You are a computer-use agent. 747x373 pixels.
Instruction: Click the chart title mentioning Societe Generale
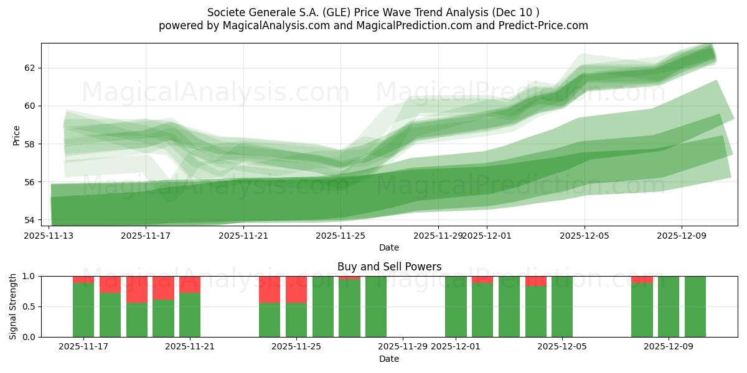coord(374,12)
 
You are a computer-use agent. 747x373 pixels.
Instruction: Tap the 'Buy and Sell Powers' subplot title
coord(389,267)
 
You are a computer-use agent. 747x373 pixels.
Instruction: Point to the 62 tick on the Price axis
coord(30,68)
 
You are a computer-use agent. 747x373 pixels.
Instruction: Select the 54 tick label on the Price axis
coord(30,220)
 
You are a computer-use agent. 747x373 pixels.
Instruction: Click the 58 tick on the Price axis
coord(30,144)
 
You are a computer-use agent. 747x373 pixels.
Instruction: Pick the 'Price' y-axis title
coord(16,135)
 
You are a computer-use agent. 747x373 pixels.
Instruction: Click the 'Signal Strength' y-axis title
coord(13,306)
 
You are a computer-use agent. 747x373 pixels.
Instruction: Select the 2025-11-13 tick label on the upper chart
coord(49,236)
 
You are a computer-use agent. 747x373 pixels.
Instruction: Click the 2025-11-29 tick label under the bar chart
coord(403,347)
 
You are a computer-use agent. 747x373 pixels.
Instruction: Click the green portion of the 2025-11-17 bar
coord(83,310)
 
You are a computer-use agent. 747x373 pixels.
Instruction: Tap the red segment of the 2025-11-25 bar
coord(296,289)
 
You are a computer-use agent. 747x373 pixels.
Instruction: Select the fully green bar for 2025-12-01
coord(456,306)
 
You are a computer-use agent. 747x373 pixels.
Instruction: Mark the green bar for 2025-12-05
coord(562,306)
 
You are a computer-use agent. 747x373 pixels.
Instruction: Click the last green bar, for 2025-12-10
coord(695,306)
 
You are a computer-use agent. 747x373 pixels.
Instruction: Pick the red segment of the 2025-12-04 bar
coord(535,281)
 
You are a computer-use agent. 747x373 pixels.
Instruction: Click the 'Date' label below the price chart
coord(389,247)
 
